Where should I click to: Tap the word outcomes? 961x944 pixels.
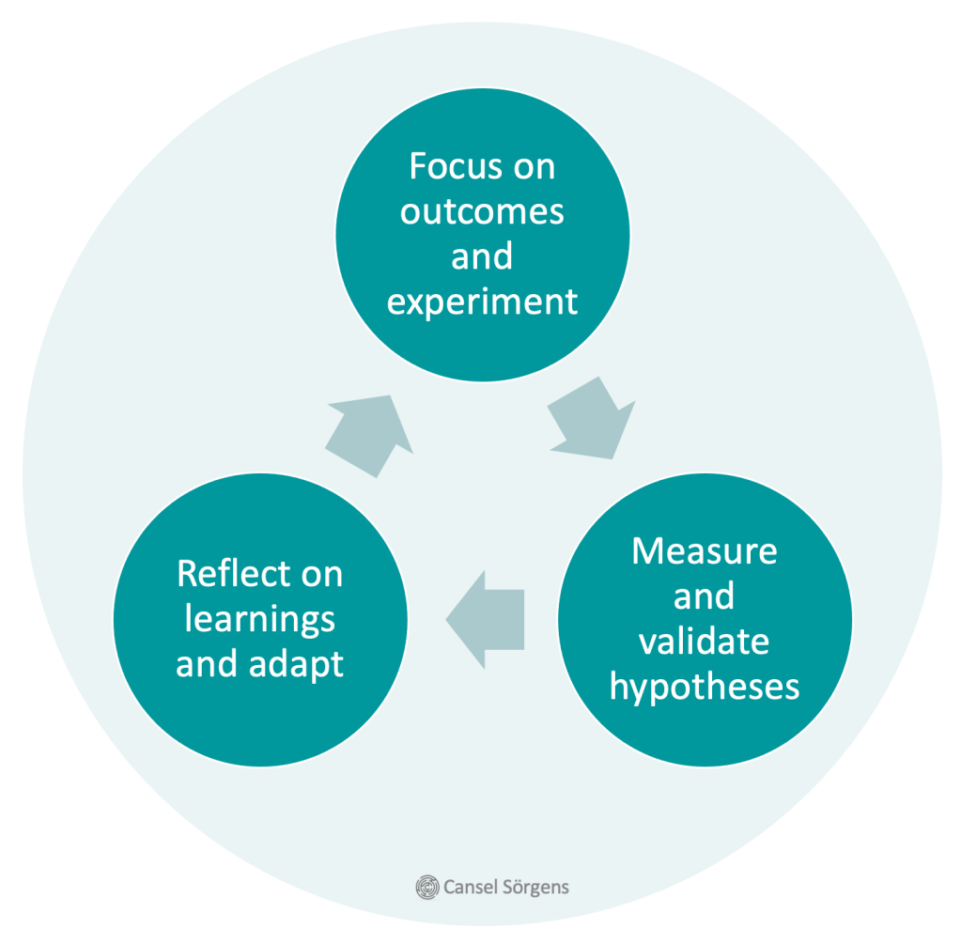coord(482,211)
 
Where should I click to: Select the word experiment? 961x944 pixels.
coord(482,302)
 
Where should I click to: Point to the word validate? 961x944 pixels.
coord(705,642)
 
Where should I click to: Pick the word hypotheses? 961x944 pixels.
coord(705,688)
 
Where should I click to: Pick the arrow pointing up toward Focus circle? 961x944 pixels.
coord(372,433)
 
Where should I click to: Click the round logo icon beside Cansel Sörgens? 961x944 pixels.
coord(427,887)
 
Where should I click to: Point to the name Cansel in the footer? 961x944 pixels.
coord(471,887)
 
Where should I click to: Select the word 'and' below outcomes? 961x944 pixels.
coord(482,256)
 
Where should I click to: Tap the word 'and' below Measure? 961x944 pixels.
coord(705,596)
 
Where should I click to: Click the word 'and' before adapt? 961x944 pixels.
coord(206,664)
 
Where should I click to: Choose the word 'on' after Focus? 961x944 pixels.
coord(534,166)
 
